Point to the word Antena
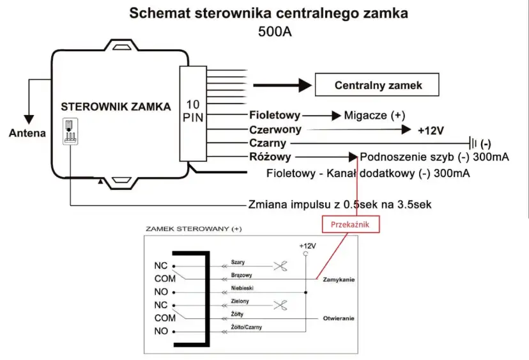click(27, 133)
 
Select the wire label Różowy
click(270, 157)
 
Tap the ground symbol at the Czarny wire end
click(475, 143)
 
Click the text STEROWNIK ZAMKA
click(116, 107)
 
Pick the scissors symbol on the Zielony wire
click(280, 304)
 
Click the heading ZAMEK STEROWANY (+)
click(194, 228)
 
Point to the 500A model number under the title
click(275, 32)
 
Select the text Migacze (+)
click(374, 116)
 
